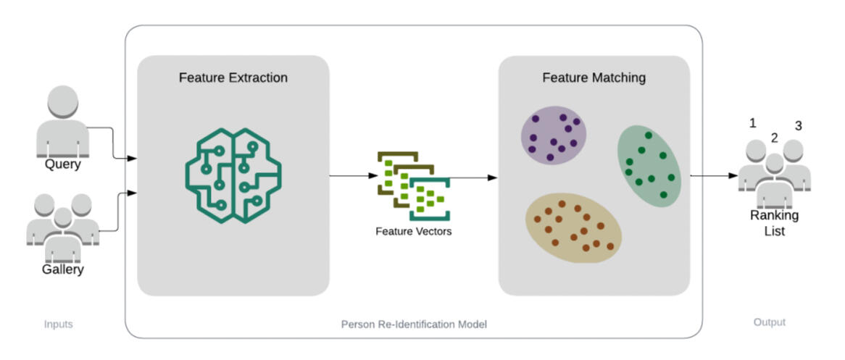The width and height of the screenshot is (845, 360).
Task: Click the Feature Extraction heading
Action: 233,78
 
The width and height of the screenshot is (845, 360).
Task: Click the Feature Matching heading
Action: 594,78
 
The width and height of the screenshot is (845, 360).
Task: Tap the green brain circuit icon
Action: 233,176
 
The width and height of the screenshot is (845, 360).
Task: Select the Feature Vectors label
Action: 413,232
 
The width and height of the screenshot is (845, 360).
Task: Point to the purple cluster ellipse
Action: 554,135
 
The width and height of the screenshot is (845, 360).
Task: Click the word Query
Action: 62,164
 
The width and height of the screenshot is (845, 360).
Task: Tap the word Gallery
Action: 62,269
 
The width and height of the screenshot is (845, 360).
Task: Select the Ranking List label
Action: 774,223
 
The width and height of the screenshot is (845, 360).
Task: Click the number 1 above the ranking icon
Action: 752,123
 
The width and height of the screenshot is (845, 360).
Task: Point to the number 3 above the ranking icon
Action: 798,125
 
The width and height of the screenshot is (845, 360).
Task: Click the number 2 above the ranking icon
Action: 774,138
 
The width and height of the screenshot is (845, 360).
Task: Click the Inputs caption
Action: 58,324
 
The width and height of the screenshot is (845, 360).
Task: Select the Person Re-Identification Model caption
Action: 414,325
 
